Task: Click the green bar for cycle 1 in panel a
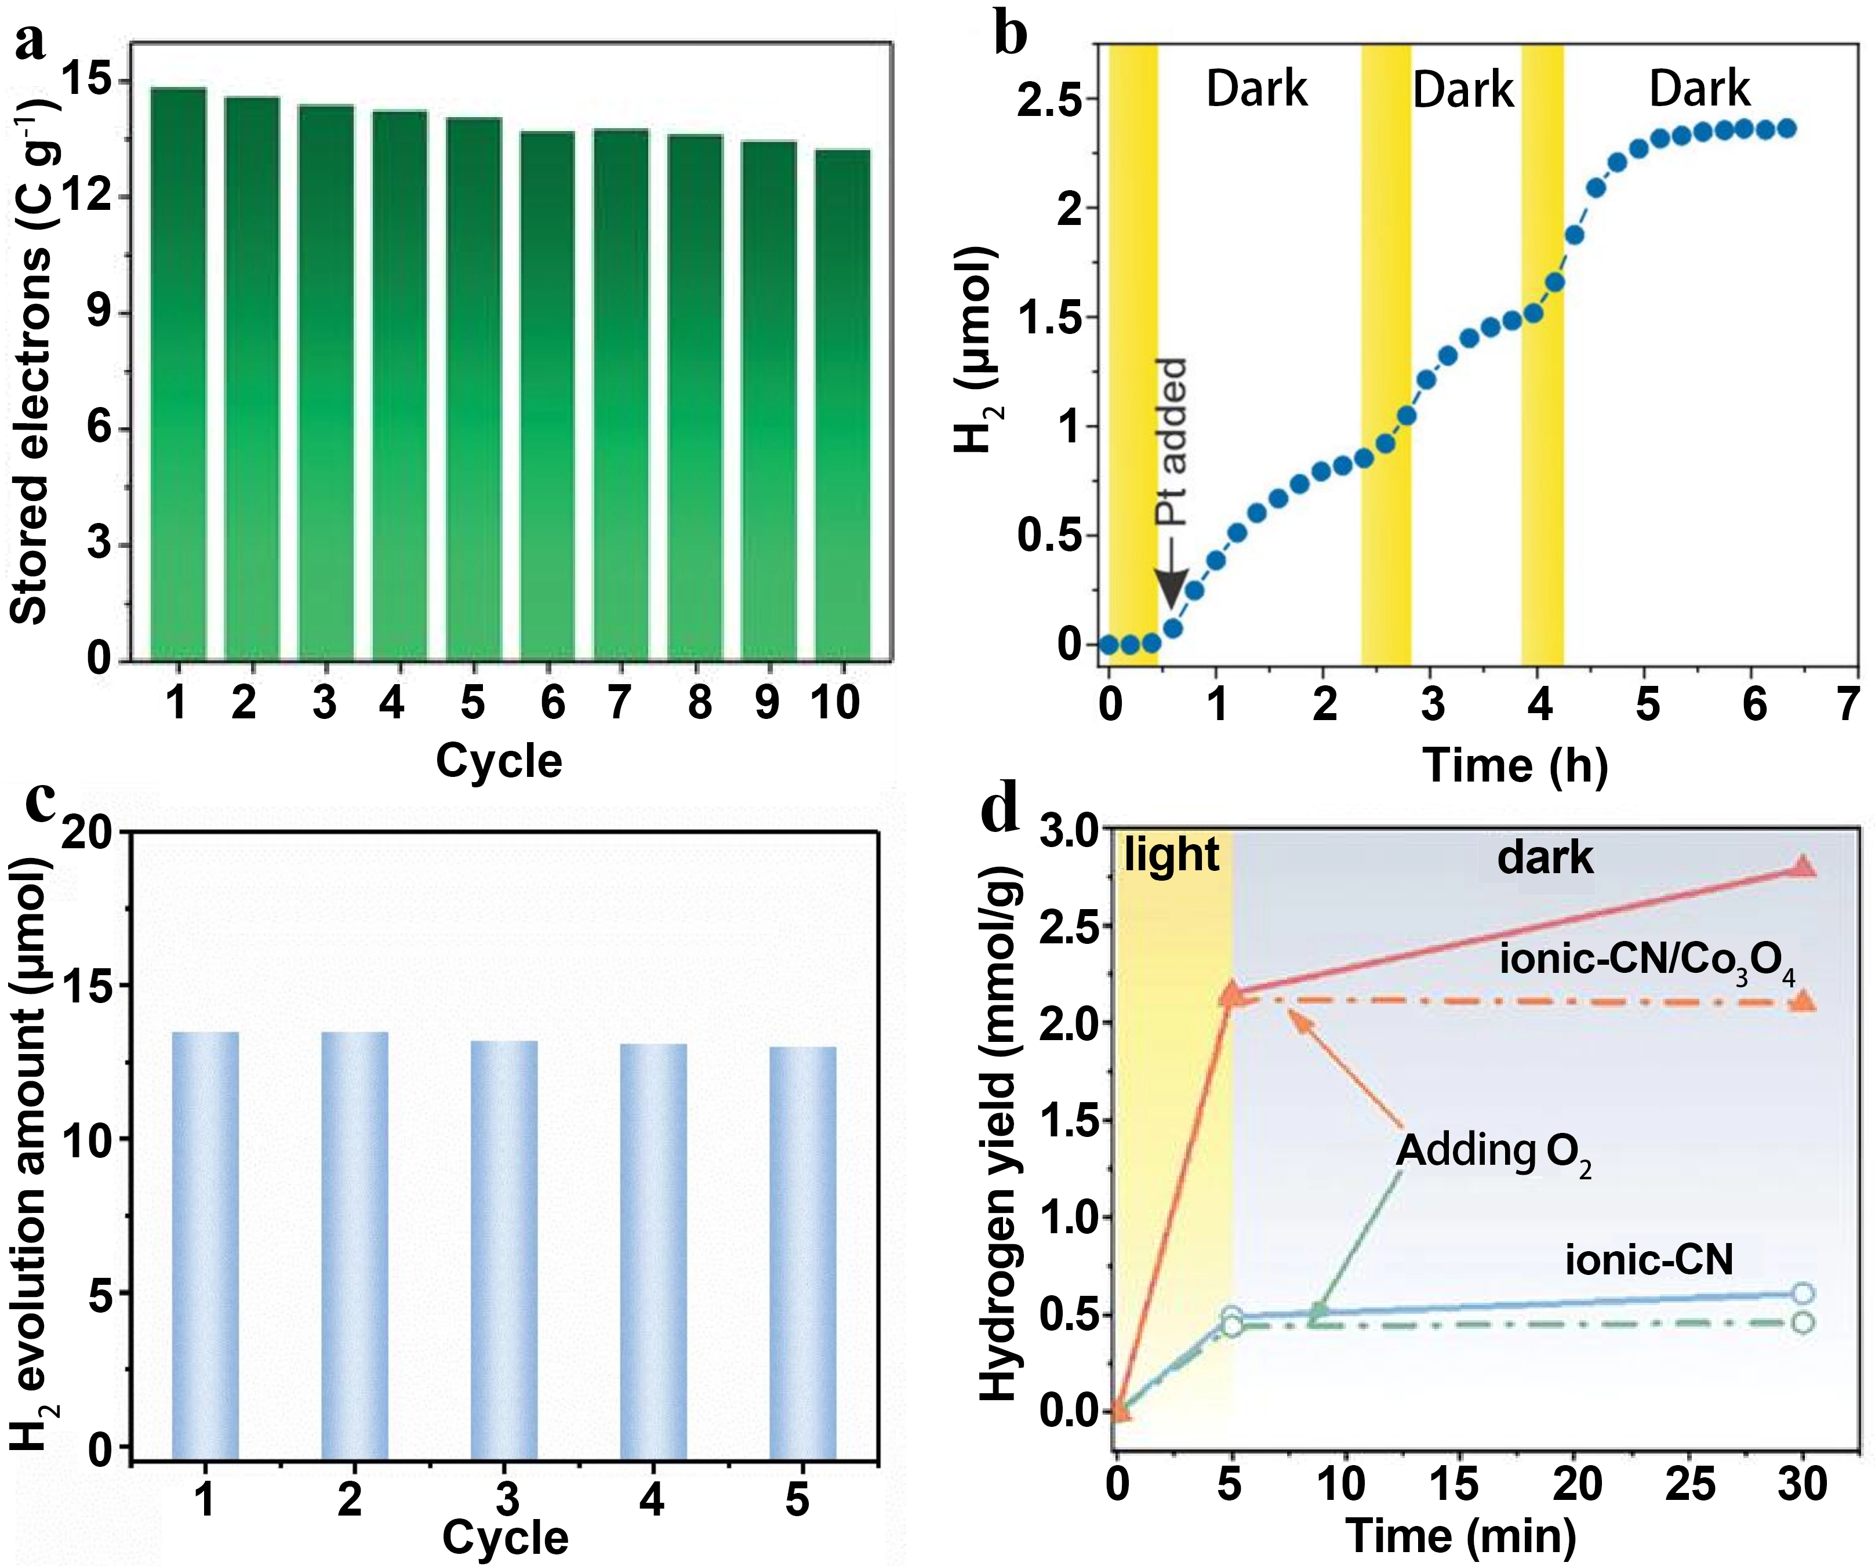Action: point(179,375)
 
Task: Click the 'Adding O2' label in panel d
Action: point(1493,1151)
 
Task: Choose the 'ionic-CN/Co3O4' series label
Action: point(1647,961)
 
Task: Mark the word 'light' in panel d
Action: point(1171,855)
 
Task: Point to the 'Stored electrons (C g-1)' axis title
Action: point(34,357)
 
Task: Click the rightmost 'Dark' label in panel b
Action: point(1699,89)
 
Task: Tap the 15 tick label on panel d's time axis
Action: point(1455,1484)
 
